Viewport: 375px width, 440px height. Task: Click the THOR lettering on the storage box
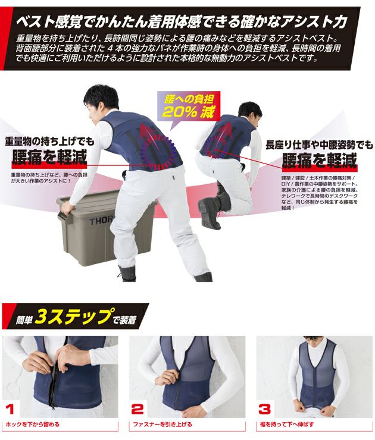(x=101, y=220)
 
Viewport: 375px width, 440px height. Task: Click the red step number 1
(x=10, y=408)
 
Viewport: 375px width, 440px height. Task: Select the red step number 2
(x=137, y=408)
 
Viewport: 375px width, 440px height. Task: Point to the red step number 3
(x=265, y=408)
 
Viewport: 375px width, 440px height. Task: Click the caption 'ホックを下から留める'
(x=33, y=425)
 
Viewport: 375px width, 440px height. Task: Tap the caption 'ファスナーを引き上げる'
(x=162, y=425)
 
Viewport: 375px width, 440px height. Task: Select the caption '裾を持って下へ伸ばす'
(x=287, y=425)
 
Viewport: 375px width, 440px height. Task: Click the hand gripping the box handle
(x=67, y=208)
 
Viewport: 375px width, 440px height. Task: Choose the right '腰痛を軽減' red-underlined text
(x=320, y=160)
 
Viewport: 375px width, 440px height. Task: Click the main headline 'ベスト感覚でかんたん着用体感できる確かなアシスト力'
(x=182, y=22)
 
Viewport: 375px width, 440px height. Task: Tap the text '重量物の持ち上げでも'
(x=49, y=141)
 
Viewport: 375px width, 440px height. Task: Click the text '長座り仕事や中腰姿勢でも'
(x=320, y=145)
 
